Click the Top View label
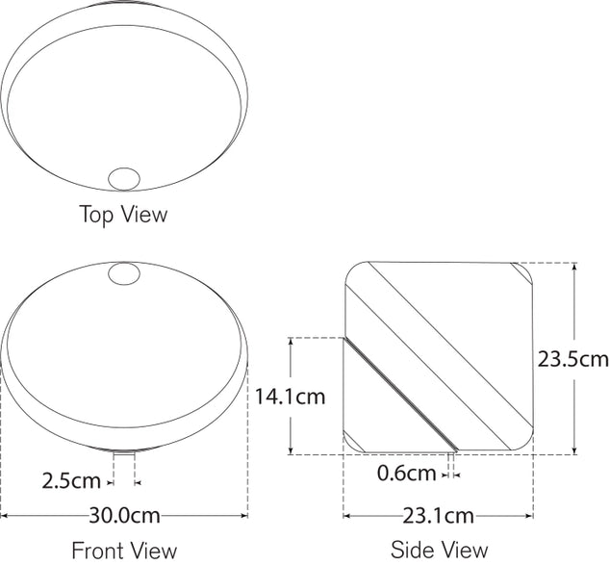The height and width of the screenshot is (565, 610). tap(122, 214)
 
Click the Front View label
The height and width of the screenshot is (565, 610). tap(124, 551)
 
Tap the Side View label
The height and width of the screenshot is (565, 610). tap(439, 551)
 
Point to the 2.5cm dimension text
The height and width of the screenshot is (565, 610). tap(73, 479)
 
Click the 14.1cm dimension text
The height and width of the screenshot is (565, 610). tap(291, 396)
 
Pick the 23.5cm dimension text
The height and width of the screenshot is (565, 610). tap(573, 359)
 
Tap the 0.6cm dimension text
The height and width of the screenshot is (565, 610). tap(405, 473)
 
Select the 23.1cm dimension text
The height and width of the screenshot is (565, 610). tap(438, 515)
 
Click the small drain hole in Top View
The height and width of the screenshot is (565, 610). tap(124, 178)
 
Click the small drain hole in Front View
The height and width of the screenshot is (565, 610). tap(124, 275)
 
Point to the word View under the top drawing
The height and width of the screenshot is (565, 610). tap(145, 214)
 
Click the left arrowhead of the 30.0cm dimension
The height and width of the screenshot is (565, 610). tap(5, 516)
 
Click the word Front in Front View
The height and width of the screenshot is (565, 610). tap(98, 551)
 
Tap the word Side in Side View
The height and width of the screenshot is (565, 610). tap(412, 551)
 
